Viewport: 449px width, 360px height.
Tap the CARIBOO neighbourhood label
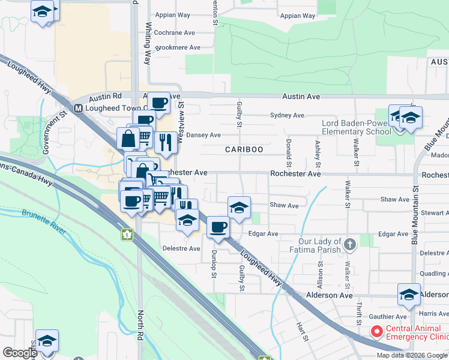coord(244,149)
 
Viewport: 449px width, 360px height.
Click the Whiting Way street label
coord(148,44)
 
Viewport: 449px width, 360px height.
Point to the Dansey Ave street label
coord(203,135)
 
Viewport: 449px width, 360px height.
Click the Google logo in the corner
coord(20,352)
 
